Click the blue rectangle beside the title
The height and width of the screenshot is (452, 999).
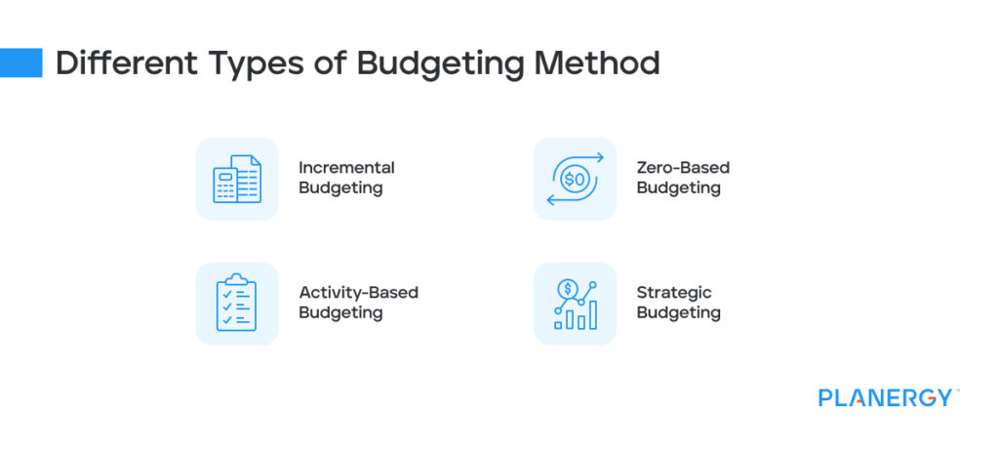[20, 62]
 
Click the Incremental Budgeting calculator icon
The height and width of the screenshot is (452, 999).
[237, 179]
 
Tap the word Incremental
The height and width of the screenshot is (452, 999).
[346, 168]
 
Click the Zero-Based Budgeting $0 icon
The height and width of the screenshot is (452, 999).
[575, 179]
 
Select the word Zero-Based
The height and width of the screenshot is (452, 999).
[683, 168]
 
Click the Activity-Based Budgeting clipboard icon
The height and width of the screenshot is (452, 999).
[237, 304]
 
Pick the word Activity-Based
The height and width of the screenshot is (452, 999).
[358, 293]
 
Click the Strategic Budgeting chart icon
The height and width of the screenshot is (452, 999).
[575, 304]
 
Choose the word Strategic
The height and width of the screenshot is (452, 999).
[674, 293]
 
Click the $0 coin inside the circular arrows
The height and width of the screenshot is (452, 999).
[575, 179]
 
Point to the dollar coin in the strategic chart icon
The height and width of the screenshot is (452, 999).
[566, 290]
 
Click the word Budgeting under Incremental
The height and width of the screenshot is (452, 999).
[340, 188]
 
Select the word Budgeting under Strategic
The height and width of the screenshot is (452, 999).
[678, 313]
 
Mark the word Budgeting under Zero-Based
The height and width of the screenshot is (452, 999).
[678, 188]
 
